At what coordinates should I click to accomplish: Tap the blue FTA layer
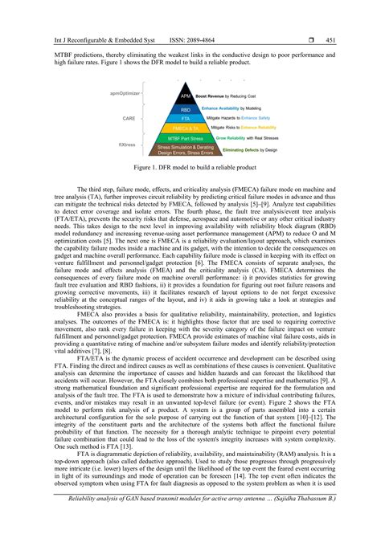click(x=185, y=116)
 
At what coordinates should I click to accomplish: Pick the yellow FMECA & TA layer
click(x=185, y=127)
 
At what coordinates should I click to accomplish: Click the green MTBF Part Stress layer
click(x=185, y=137)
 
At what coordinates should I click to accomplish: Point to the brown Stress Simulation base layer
click(x=185, y=149)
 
